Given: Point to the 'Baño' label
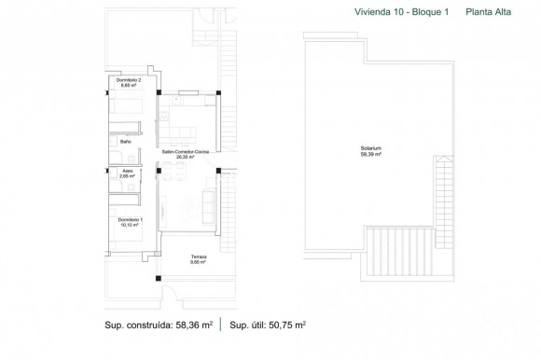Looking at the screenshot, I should click(x=112, y=141).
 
